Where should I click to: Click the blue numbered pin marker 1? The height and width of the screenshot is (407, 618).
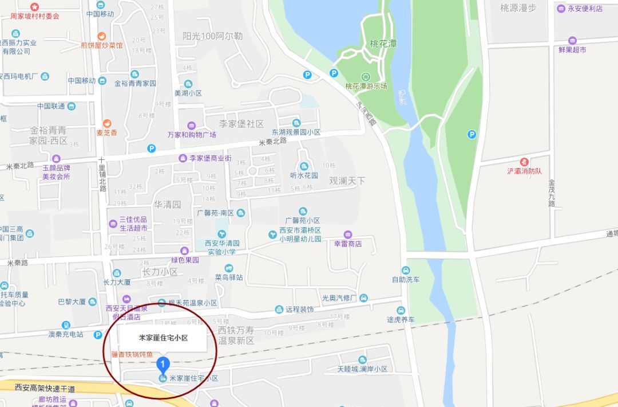[163, 363]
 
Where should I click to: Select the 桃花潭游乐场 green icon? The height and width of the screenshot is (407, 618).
[365, 76]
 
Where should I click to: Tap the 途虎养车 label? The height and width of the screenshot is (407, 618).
[400, 320]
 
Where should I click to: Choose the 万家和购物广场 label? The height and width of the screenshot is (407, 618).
[192, 135]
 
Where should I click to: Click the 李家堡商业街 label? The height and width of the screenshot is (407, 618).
[210, 158]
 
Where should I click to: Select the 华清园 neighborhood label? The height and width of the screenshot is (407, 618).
[167, 204]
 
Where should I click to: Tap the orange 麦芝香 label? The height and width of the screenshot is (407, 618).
[106, 132]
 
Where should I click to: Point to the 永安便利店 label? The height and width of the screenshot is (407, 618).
[584, 9]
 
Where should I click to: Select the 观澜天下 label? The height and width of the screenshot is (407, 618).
[347, 181]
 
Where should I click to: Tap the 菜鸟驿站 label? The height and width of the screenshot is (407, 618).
[229, 277]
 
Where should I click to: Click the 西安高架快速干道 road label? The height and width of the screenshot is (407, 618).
[45, 389]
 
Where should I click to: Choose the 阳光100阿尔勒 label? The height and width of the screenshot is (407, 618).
[212, 36]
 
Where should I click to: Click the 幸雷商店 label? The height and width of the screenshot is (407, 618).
[348, 244]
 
